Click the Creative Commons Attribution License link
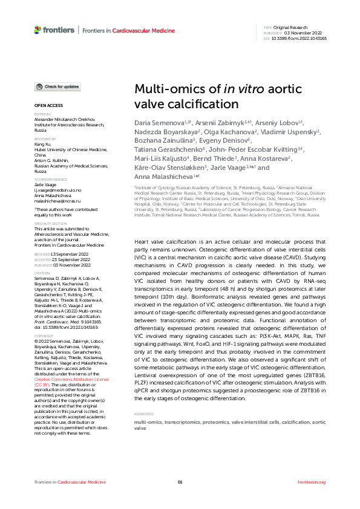tap(71, 379)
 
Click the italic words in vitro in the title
tap(243, 89)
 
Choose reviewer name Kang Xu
tap(42, 144)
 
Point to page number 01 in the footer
tap(180, 482)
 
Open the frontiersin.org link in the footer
tap(312, 482)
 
